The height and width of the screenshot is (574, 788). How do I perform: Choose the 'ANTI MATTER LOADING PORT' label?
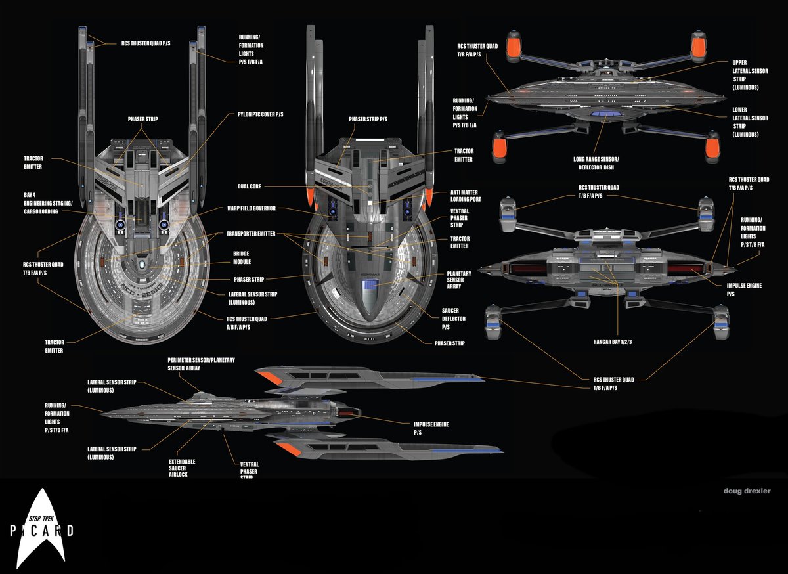468,196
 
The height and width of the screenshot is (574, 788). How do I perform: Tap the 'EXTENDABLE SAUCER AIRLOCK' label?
182,468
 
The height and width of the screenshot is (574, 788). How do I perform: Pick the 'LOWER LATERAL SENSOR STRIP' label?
750,122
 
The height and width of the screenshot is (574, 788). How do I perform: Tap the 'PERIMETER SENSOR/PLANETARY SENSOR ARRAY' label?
201,364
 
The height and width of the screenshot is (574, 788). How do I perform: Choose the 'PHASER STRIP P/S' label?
368,120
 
